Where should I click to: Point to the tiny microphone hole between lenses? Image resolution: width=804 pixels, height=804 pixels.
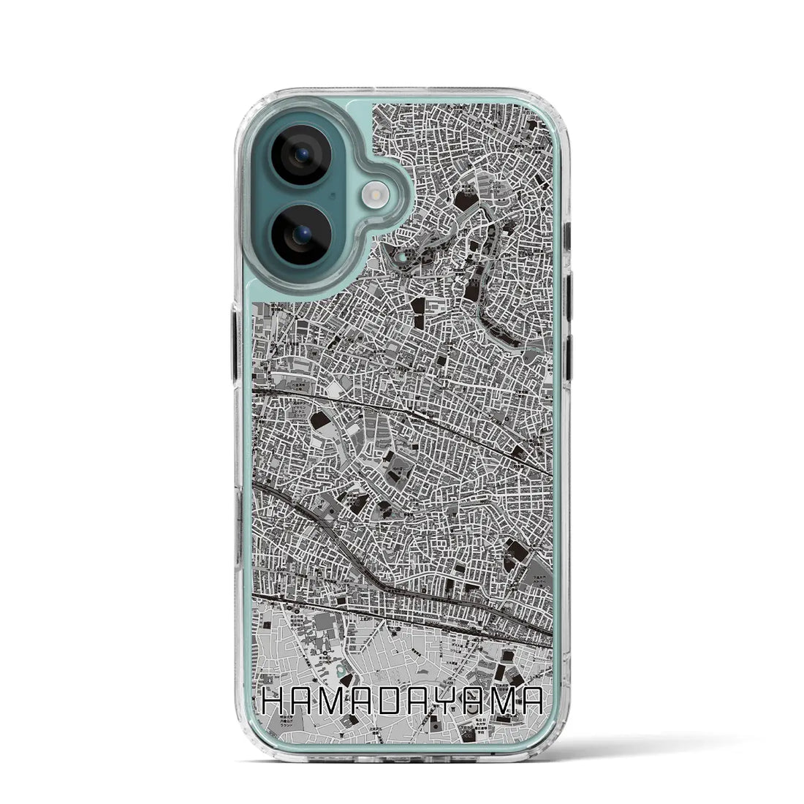coord(333,195)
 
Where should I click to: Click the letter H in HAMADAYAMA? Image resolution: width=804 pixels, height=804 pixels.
coord(275,704)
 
